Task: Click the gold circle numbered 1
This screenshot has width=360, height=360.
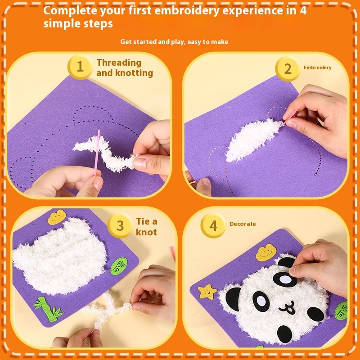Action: pyautogui.click(x=80, y=67)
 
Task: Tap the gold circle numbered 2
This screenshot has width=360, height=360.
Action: pyautogui.click(x=288, y=69)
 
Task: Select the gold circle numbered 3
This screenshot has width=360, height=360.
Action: pyautogui.click(x=120, y=225)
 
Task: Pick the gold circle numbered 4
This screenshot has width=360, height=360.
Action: pyautogui.click(x=213, y=225)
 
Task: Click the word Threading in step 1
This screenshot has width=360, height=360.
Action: pyautogui.click(x=119, y=63)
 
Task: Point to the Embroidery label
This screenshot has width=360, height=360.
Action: pyautogui.click(x=317, y=67)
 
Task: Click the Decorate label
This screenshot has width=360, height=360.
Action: pyautogui.click(x=242, y=224)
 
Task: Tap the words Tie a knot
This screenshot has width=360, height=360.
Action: pyautogui.click(x=146, y=226)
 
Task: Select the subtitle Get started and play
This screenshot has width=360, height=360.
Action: pyautogui.click(x=174, y=42)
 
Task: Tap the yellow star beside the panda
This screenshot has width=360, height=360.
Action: pyautogui.click(x=207, y=291)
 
